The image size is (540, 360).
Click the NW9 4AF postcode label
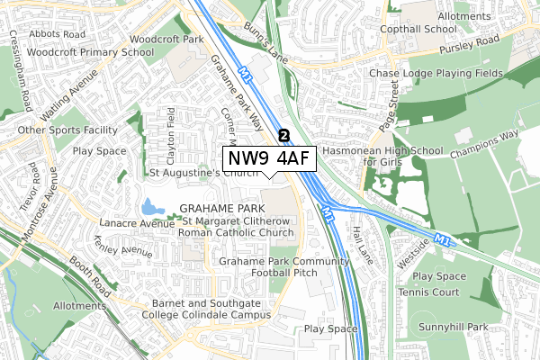point(268,159)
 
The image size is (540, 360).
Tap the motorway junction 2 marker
point(284,135)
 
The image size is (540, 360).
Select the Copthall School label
point(427,29)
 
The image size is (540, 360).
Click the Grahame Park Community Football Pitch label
point(283,266)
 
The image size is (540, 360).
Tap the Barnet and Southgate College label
point(211,310)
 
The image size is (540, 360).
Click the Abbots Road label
point(57,34)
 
